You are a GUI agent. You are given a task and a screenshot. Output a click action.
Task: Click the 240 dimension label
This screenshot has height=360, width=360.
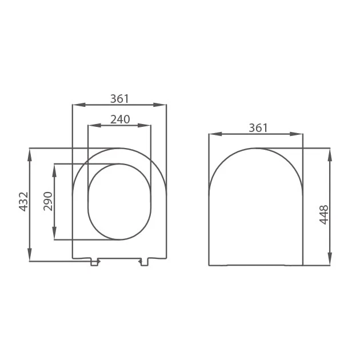(x=120, y=119)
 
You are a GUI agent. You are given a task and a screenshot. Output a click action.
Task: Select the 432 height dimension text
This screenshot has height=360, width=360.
(x=23, y=202)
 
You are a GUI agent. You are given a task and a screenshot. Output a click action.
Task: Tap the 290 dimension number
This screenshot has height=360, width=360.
(x=48, y=201)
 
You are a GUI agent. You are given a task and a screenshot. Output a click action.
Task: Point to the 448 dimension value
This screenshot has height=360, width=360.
(x=324, y=214)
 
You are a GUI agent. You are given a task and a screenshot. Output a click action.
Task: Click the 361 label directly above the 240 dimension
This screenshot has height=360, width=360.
(x=119, y=99)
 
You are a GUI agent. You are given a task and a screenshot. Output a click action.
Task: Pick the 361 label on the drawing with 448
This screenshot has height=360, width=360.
(x=258, y=128)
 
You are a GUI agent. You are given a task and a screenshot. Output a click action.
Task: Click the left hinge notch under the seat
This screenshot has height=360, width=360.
(x=95, y=262)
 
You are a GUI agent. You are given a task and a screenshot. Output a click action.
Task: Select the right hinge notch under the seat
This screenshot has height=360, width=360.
(x=143, y=262)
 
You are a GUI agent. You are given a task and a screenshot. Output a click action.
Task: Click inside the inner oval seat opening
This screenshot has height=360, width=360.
(x=119, y=201)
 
